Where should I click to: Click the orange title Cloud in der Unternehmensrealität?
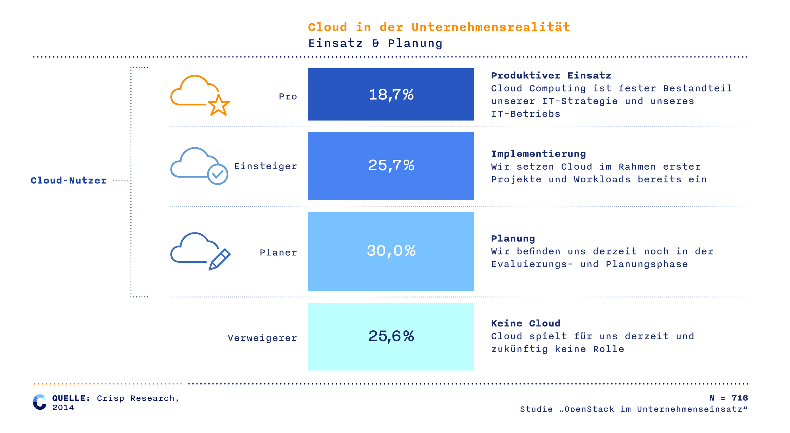[x=439, y=27]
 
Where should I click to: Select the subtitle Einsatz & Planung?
[x=376, y=43]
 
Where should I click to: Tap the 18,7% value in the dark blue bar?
[x=391, y=95]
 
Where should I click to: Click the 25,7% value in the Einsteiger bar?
[x=391, y=165]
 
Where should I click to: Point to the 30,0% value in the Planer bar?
[x=391, y=251]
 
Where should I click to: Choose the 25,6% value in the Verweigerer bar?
[x=391, y=336]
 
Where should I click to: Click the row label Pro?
[x=288, y=96]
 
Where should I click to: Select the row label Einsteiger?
[x=266, y=166]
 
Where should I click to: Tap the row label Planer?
[x=278, y=253]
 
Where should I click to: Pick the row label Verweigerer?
[x=262, y=338]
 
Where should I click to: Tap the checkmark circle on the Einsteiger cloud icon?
[x=218, y=174]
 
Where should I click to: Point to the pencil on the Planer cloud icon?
[x=219, y=260]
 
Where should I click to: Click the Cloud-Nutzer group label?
[x=69, y=180]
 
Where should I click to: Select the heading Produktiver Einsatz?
[x=551, y=76]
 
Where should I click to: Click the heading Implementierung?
[x=539, y=154]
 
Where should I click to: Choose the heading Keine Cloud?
[x=526, y=323]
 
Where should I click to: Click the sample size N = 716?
[x=729, y=398]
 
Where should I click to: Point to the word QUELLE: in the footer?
[x=71, y=398]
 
